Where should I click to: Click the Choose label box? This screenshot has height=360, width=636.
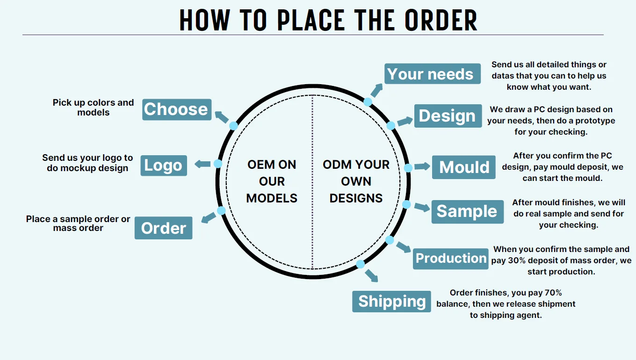[x=177, y=109]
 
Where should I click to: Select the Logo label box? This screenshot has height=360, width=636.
[x=164, y=166]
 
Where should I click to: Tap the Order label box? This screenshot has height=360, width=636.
[x=164, y=228]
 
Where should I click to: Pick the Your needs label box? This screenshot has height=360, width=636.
[x=433, y=74]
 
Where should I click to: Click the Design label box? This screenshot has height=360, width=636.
[x=448, y=116]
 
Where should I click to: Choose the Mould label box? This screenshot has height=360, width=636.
[x=463, y=167]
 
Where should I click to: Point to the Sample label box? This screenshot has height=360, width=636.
[x=467, y=211]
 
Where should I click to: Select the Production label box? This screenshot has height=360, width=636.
[x=451, y=259]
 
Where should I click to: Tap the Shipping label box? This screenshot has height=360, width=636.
[x=391, y=302]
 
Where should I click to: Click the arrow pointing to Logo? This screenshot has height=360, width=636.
[x=202, y=164]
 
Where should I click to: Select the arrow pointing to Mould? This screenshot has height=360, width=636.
[x=422, y=166]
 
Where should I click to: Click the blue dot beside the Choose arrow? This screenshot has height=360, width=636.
[x=233, y=126]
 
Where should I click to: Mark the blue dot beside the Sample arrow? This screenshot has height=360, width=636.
[x=406, y=204]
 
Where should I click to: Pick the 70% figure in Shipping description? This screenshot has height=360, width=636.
[x=552, y=293]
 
